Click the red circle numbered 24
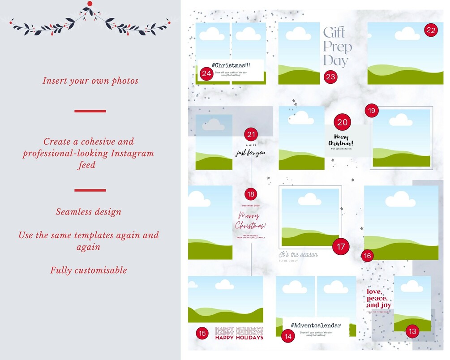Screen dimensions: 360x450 pos(206,74)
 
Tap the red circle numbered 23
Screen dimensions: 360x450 pos(330,77)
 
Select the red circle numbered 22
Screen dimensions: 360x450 pos(431,30)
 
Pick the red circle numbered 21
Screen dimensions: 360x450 pos(251,134)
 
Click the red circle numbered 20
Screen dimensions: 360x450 pos(342,122)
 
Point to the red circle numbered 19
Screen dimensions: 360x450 pos(371,110)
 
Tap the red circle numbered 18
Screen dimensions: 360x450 pos(251,194)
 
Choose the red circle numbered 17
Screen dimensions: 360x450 pos(341,246)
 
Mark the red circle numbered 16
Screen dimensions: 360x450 pos(368,256)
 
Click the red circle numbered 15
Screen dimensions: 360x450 pos(202,333)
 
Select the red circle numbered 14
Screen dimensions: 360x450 pos(288,336)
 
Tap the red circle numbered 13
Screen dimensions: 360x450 pos(412,332)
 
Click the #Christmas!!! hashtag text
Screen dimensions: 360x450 pos(231,65)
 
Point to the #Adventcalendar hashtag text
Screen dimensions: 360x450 pos(316,326)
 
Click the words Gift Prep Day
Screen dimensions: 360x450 pos(337,46)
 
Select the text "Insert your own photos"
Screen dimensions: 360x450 pos(90,81)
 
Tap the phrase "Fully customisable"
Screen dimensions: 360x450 pos(89,270)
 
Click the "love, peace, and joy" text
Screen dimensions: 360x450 pos(379,299)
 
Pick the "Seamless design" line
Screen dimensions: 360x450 pos(89,212)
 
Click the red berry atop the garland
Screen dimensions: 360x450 pos(90,4)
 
